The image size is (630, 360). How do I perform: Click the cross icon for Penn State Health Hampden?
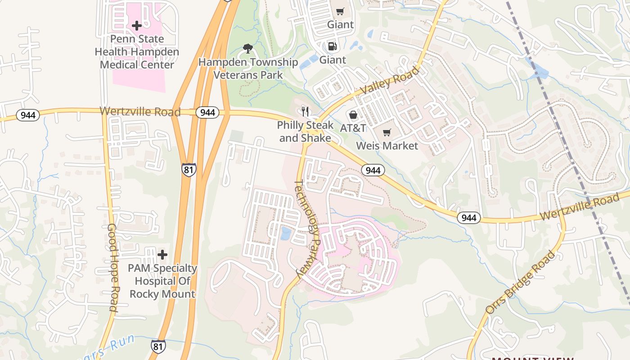pyautogui.click(x=137, y=26)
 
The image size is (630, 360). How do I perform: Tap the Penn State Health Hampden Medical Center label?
pyautogui.click(x=137, y=52)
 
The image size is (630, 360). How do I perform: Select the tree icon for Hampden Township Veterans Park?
pyautogui.click(x=247, y=49)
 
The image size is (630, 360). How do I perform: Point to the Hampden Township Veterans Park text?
pyautogui.click(x=248, y=68)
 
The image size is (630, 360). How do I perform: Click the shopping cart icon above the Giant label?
pyautogui.click(x=340, y=11)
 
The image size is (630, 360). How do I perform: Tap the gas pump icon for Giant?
pyautogui.click(x=332, y=46)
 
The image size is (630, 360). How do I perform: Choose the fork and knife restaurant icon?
pyautogui.click(x=306, y=111)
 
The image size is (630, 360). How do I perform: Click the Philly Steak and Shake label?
pyautogui.click(x=305, y=131)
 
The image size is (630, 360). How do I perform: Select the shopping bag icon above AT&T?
pyautogui.click(x=353, y=115)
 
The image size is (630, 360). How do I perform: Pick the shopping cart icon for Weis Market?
pyautogui.click(x=387, y=132)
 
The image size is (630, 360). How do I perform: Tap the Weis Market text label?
pyautogui.click(x=387, y=146)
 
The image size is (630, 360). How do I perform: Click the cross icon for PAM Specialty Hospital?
pyautogui.click(x=162, y=255)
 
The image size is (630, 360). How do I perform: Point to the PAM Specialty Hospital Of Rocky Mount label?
pyautogui.click(x=162, y=281)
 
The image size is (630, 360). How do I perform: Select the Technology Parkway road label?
pyautogui.click(x=307, y=229)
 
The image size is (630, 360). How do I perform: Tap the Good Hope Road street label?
pyautogui.click(x=112, y=268)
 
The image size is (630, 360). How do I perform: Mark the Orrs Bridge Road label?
pyautogui.click(x=521, y=283)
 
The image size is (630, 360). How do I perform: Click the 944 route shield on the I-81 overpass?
pyautogui.click(x=207, y=112)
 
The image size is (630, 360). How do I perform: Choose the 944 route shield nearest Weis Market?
pyautogui.click(x=373, y=170)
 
